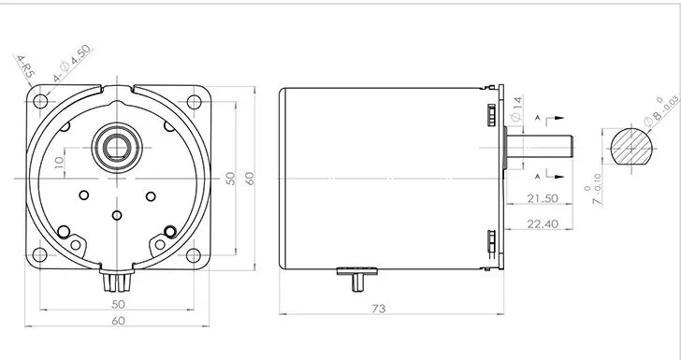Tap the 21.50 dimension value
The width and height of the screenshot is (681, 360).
click(x=542, y=198)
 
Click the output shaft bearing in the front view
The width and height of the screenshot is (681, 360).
click(x=116, y=146)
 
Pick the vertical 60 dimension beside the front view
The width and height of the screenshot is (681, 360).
click(x=249, y=179)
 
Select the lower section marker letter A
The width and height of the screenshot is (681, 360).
click(x=537, y=175)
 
